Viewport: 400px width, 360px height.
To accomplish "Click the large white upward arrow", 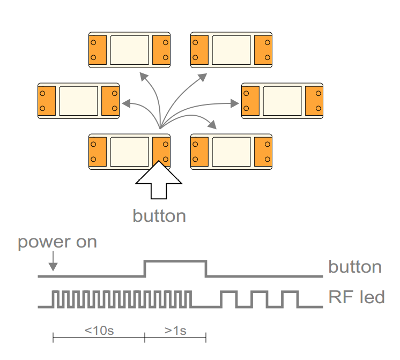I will pyautogui.click(x=159, y=184).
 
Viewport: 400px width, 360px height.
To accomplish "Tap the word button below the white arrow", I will pyautogui.click(x=159, y=216).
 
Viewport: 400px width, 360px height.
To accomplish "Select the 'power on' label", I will pyautogui.click(x=57, y=242).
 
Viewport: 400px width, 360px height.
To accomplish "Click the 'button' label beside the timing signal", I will pyautogui.click(x=354, y=267).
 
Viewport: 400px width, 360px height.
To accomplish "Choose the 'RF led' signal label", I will pyautogui.click(x=356, y=297).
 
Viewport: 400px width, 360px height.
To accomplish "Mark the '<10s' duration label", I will pyautogui.click(x=99, y=330).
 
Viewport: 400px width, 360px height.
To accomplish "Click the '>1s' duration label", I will pyautogui.click(x=175, y=330).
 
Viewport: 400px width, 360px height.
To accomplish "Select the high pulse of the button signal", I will pyautogui.click(x=175, y=261).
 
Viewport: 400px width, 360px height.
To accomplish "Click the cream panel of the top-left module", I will pyautogui.click(x=131, y=49).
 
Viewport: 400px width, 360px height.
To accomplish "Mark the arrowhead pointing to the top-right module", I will pyautogui.click(x=203, y=76).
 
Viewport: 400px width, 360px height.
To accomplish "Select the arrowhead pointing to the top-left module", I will pyautogui.click(x=144, y=75).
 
